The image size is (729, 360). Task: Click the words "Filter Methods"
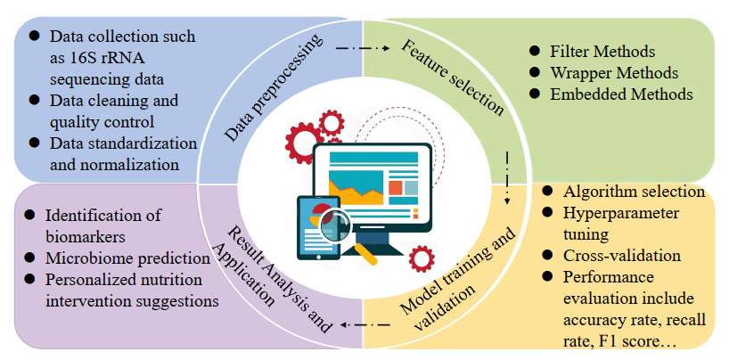(x=602, y=51)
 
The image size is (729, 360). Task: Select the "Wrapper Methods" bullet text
(x=613, y=72)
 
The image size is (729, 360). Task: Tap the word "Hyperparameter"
(x=620, y=214)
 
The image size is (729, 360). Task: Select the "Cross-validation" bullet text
(x=622, y=256)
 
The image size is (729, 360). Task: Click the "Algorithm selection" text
(x=634, y=192)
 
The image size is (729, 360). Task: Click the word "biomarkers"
(x=89, y=236)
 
